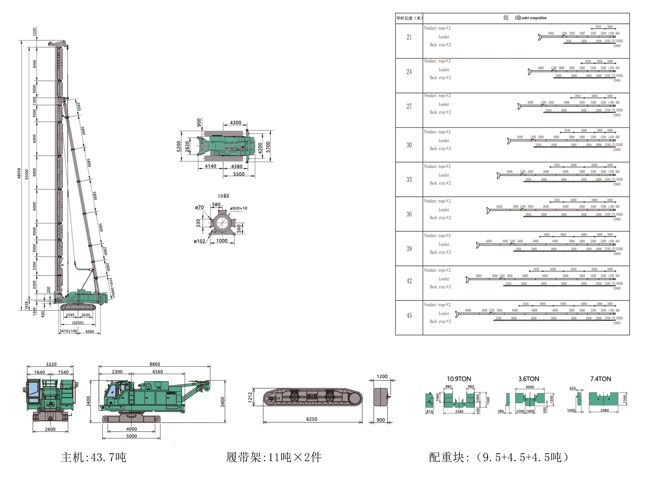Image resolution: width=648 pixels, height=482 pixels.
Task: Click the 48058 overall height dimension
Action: click(19, 173)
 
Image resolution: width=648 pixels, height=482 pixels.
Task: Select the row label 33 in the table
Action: click(409, 179)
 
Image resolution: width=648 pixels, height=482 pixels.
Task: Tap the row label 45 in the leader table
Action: click(409, 315)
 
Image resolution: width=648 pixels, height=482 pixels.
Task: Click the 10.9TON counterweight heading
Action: click(459, 379)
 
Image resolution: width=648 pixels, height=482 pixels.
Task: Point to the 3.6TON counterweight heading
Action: click(528, 379)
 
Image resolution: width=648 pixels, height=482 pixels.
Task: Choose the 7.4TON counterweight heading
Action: click(600, 379)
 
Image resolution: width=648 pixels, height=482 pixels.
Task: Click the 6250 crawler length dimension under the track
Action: click(311, 419)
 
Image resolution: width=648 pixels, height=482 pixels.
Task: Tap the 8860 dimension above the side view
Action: click(155, 364)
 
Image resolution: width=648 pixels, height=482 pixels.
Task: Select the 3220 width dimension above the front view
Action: click(51, 364)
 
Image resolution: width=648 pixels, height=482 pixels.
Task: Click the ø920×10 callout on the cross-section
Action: click(238, 208)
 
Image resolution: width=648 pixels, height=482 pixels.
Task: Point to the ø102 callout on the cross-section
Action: click(199, 241)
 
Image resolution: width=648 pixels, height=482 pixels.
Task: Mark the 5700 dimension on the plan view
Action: click(268, 147)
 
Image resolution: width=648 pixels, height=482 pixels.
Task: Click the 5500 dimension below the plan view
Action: click(239, 174)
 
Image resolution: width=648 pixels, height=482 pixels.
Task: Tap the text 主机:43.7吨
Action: click(93, 457)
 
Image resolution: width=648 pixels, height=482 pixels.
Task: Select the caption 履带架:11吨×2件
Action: click(274, 457)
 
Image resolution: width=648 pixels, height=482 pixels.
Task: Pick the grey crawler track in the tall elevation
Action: click(78, 307)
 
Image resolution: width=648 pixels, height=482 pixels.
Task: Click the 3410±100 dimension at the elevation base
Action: click(68, 331)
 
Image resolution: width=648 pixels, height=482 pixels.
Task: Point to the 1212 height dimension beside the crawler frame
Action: click(250, 397)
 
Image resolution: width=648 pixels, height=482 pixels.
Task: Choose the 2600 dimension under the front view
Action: click(50, 429)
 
